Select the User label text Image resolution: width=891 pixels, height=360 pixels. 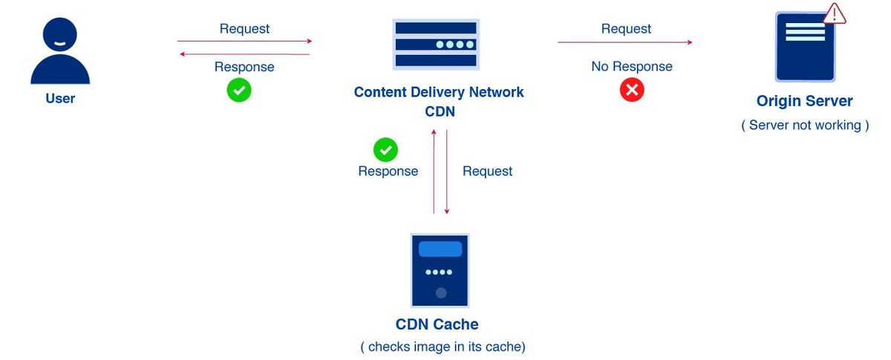(x=60, y=99)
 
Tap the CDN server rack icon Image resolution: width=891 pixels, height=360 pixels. (x=436, y=45)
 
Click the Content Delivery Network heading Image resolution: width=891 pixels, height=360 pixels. (x=439, y=93)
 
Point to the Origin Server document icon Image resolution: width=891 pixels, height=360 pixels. (x=805, y=46)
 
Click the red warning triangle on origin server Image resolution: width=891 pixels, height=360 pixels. (x=835, y=14)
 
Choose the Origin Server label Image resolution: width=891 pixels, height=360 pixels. (x=805, y=101)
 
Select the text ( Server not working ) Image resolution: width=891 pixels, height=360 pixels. (x=805, y=125)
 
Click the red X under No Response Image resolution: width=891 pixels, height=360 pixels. (x=632, y=91)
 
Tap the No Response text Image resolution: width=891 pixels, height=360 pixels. (x=632, y=67)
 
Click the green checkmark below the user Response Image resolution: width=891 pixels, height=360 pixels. (x=239, y=91)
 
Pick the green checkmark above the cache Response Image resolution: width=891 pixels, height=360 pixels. (x=385, y=149)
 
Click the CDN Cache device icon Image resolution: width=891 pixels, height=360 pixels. (x=440, y=270)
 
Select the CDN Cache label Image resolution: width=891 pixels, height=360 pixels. (x=437, y=324)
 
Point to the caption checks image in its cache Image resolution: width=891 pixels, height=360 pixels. (x=443, y=347)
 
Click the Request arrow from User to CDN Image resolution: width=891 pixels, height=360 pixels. (x=244, y=42)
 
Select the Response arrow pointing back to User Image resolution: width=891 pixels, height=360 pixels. (x=244, y=54)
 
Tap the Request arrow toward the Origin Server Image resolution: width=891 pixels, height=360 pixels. (x=625, y=42)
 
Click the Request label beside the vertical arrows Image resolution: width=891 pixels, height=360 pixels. (x=487, y=171)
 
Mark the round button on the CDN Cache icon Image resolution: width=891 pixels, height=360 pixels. (x=441, y=293)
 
